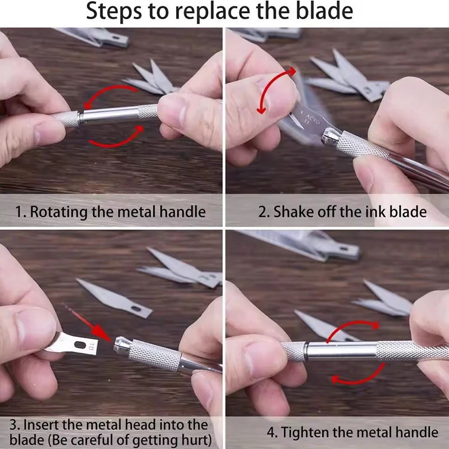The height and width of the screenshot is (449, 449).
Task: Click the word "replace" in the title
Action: pos(213,11)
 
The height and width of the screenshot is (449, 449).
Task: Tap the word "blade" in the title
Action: pos(324,11)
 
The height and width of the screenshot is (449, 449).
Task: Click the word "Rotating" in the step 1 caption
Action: pos(59,212)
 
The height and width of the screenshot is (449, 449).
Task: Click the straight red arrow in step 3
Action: pos(89,322)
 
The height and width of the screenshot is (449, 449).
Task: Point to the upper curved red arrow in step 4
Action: pos(352,323)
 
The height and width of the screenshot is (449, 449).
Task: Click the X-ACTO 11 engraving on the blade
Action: pos(309,118)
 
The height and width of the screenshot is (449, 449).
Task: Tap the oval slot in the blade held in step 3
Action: pos(80,345)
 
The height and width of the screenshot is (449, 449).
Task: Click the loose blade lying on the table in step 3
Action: pos(114,299)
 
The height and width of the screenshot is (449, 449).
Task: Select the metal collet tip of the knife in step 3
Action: pos(122,345)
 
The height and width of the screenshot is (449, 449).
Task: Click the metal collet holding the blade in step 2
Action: pos(330,136)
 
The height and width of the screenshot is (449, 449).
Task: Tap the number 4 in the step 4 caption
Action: pos(271,432)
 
